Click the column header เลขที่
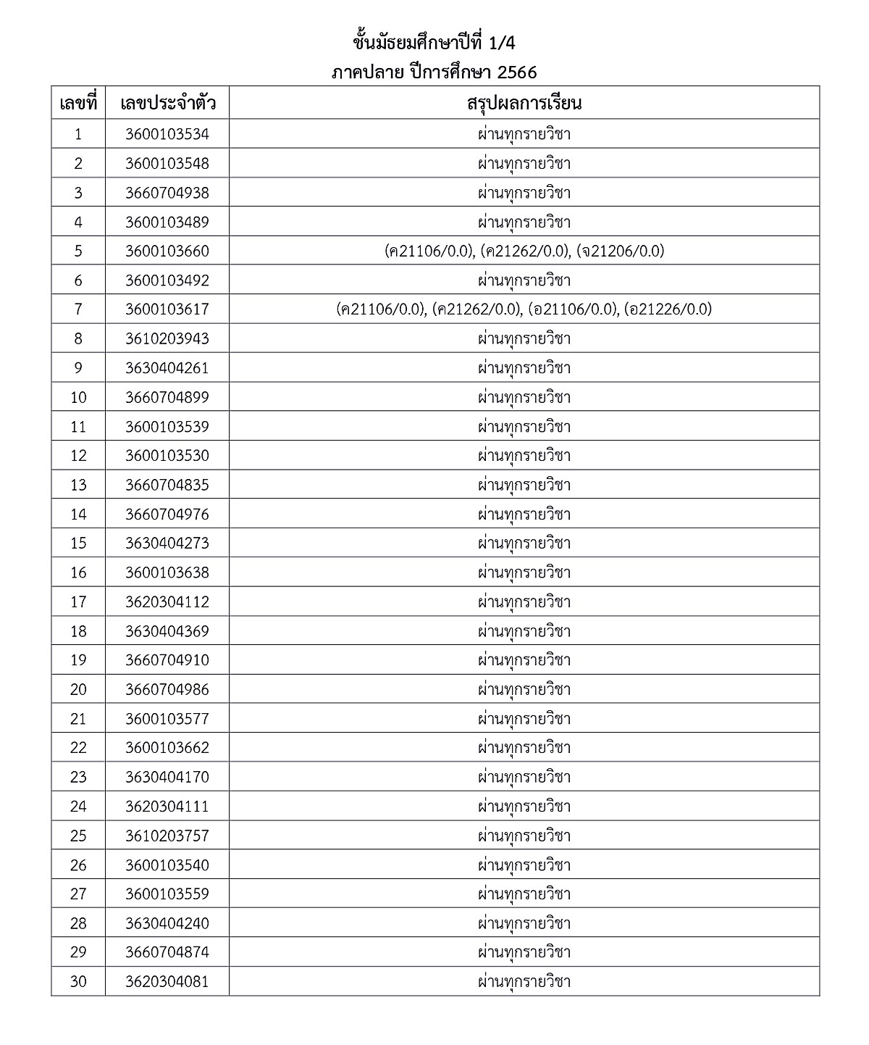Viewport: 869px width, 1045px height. [78, 103]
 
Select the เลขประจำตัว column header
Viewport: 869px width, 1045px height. [167, 103]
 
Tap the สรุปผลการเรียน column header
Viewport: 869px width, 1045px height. [524, 103]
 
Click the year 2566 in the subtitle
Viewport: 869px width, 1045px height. [516, 73]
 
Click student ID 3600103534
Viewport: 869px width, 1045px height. [167, 134]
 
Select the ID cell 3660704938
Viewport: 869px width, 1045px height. [167, 193]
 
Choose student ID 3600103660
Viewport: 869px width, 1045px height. [167, 251]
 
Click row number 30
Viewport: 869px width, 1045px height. [78, 981]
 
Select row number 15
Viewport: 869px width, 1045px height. [78, 543]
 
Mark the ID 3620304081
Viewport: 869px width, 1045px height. [167, 981]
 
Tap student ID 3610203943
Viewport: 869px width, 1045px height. [167, 338]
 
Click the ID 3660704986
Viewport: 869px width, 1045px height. [167, 689]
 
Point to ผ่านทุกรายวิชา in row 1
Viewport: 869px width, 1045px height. [524, 134]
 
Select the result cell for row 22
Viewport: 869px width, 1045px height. [524, 747]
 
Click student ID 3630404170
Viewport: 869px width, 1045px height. [167, 777]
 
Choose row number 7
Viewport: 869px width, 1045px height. [78, 309]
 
